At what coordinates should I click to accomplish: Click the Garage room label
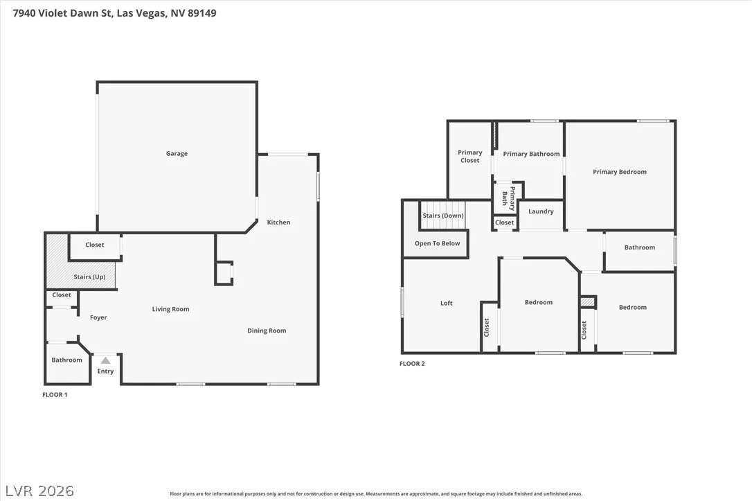click(177, 154)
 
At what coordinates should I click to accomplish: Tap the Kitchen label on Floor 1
click(278, 222)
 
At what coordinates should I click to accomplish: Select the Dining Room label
click(267, 331)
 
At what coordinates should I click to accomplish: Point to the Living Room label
click(171, 309)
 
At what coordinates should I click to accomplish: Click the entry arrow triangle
click(105, 360)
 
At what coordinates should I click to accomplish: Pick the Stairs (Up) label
click(90, 277)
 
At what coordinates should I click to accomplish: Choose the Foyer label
click(98, 317)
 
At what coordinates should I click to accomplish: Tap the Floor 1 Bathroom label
click(66, 360)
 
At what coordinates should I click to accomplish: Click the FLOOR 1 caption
click(55, 395)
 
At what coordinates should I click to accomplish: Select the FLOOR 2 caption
click(412, 364)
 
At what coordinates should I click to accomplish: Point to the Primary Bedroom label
click(620, 172)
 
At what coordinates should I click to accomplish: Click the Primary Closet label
click(470, 157)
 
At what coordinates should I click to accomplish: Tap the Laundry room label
click(541, 211)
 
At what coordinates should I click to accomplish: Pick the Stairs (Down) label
click(443, 216)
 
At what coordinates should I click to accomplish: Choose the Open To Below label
click(438, 244)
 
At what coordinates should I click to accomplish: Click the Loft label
click(447, 304)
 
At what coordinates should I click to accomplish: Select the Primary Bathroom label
click(531, 154)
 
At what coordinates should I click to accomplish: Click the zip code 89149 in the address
click(202, 13)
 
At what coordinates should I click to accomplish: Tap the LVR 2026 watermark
click(39, 491)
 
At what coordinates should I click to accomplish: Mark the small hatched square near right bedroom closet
click(587, 302)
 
